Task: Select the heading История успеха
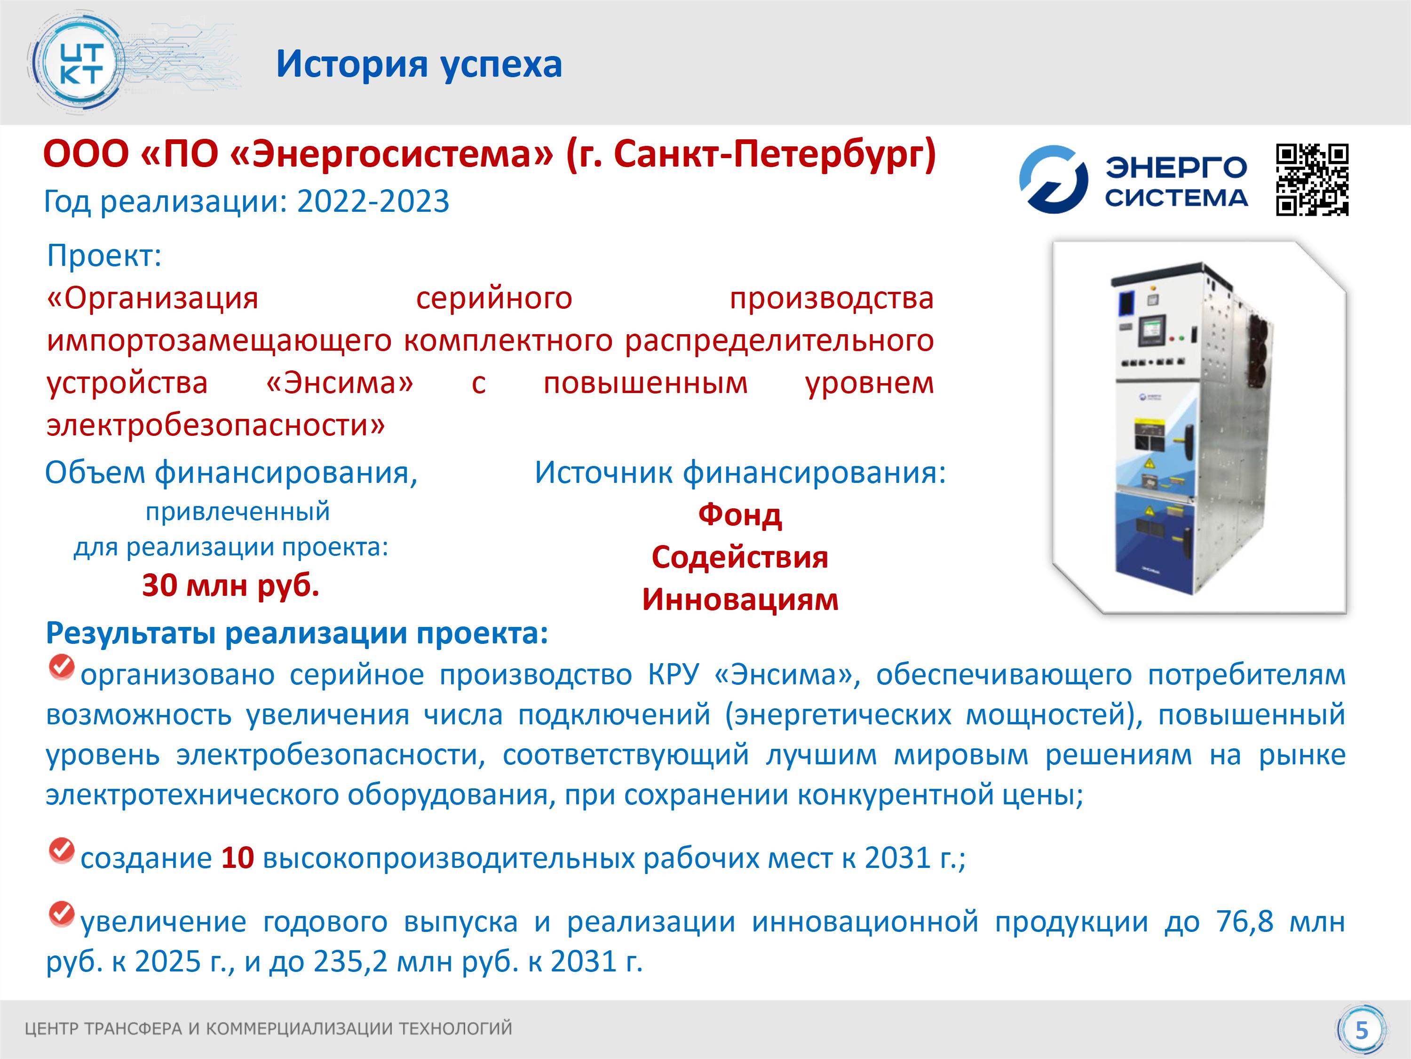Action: (x=419, y=64)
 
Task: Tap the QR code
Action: (x=1313, y=180)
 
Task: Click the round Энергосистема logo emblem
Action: (x=1053, y=179)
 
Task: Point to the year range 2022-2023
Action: (x=373, y=202)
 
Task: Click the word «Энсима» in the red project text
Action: (x=340, y=383)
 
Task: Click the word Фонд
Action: (x=740, y=514)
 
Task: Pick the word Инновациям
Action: (x=740, y=600)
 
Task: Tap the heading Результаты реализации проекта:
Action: (x=297, y=633)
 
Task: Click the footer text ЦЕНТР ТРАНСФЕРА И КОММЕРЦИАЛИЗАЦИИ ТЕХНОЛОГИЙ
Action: (x=269, y=1028)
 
